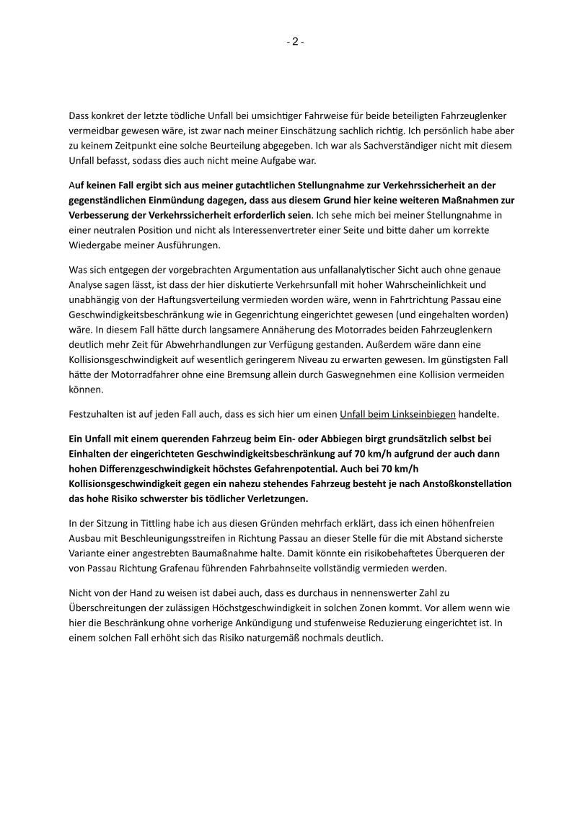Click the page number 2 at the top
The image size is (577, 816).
[295, 42]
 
